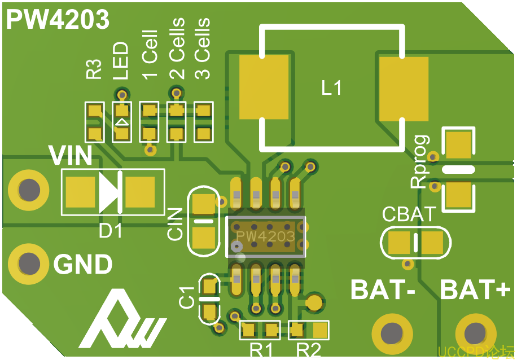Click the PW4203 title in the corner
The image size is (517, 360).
[58, 20]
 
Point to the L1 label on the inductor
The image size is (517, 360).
[331, 87]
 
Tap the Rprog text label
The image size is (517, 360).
[420, 162]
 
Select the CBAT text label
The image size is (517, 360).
[409, 214]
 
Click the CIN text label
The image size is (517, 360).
[176, 224]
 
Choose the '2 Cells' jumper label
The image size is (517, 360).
[177, 49]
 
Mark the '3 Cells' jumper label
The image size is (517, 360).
[202, 49]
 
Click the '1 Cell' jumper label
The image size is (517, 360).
[149, 56]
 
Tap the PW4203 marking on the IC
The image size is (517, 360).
[265, 236]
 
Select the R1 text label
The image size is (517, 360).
[261, 349]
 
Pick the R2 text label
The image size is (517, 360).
[308, 349]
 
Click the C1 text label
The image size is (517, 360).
[187, 297]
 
